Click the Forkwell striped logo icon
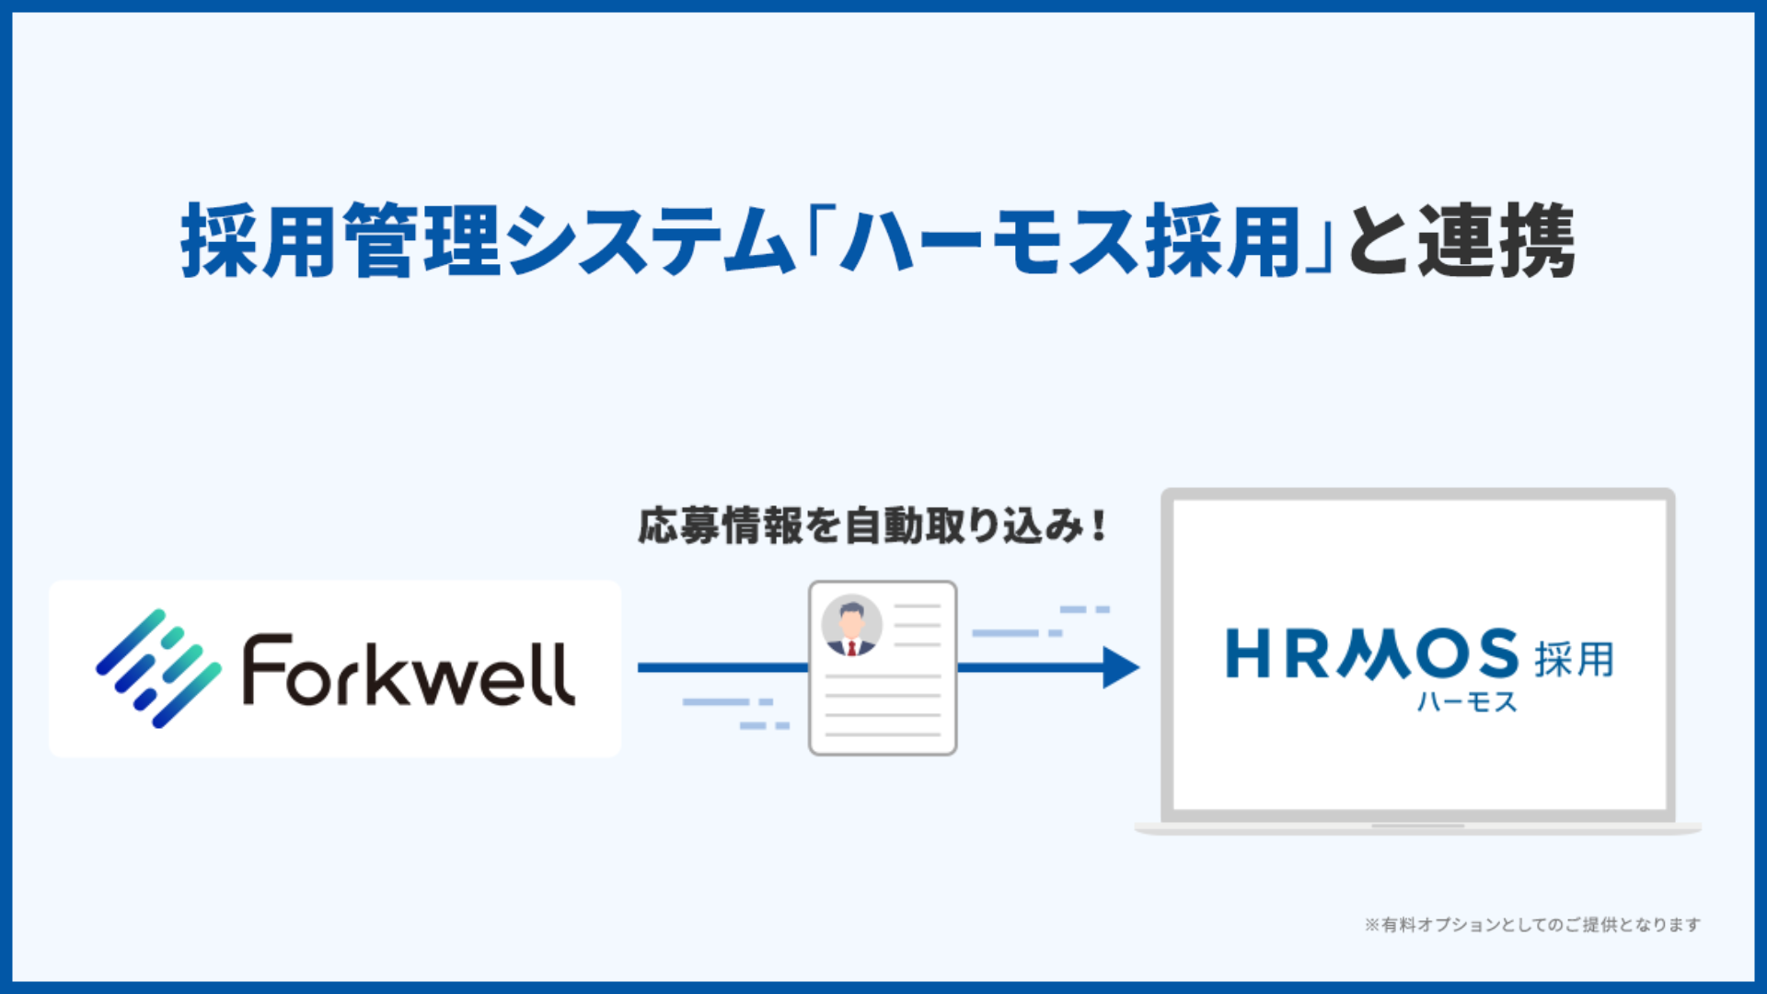tap(158, 668)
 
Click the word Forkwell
tap(409, 671)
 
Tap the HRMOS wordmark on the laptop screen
tap(1371, 654)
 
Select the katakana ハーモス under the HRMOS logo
tap(1466, 703)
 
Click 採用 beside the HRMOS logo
tap(1574, 659)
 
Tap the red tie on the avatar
tap(851, 648)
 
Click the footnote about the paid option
tap(1531, 924)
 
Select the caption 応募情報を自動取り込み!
tap(872, 526)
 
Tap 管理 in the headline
tap(423, 241)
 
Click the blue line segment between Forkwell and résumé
tap(722, 667)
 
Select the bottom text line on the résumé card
tap(883, 734)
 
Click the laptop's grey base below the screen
tap(1417, 828)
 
